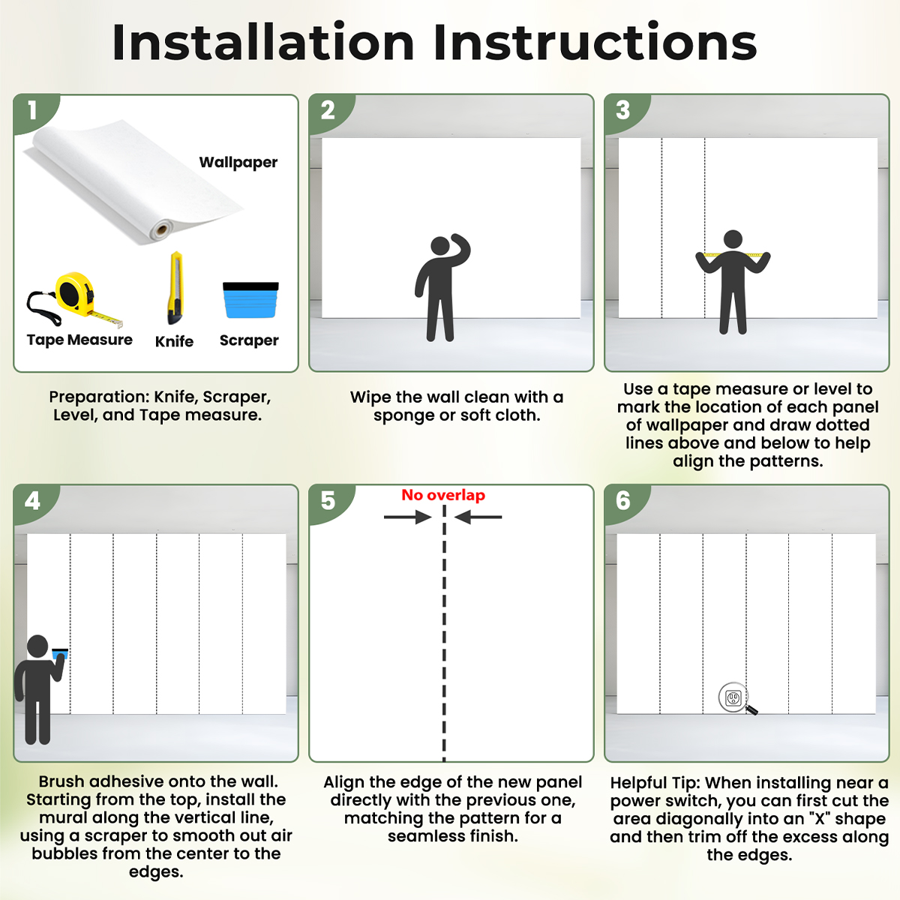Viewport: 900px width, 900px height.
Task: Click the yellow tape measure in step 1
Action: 75,296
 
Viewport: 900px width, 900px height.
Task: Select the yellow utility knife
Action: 175,288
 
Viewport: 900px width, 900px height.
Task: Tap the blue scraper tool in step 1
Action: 250,300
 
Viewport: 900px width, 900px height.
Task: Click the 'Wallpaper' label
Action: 238,162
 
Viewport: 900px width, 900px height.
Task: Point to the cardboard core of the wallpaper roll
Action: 163,229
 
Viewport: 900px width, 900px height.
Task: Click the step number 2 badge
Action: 328,111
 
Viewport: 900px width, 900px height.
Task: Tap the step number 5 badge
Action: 328,501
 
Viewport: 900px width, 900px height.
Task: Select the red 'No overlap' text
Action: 443,494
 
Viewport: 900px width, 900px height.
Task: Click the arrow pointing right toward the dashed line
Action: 408,517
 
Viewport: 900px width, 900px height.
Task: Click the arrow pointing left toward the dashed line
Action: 478,517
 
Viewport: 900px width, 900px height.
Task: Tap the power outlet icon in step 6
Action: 733,698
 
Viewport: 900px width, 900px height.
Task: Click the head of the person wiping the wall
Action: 440,246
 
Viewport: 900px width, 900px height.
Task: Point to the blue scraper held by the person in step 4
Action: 60,654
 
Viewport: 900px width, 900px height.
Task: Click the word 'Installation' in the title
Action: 263,43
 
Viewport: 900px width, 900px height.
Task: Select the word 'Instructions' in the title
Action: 595,43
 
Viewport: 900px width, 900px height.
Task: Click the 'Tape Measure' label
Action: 79,340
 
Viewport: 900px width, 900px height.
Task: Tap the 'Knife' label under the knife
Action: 174,341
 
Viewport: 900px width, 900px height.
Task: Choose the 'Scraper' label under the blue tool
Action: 249,340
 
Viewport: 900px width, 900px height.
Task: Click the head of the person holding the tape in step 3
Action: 733,239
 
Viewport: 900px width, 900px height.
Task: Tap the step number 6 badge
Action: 623,501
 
